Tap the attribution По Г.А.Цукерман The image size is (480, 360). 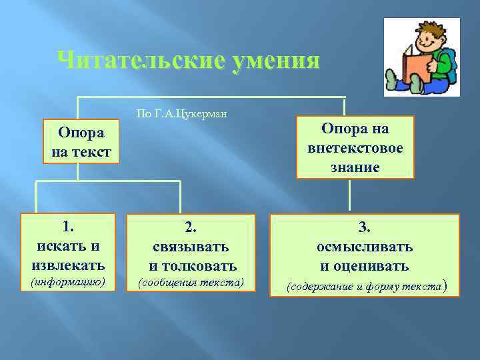(181, 113)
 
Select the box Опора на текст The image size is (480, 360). (80, 141)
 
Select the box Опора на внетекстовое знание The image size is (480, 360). (355, 147)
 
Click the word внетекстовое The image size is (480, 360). (355, 147)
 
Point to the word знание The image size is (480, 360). (355, 167)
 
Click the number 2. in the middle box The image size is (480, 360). (191, 228)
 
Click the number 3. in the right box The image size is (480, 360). (365, 228)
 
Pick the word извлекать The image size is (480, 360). (69, 265)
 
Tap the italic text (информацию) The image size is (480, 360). (69, 282)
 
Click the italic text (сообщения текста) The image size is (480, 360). (191, 283)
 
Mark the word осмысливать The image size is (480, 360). (365, 247)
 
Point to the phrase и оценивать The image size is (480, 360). (365, 267)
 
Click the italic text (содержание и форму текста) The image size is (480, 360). (365, 287)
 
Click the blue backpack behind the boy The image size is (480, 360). (451, 65)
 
